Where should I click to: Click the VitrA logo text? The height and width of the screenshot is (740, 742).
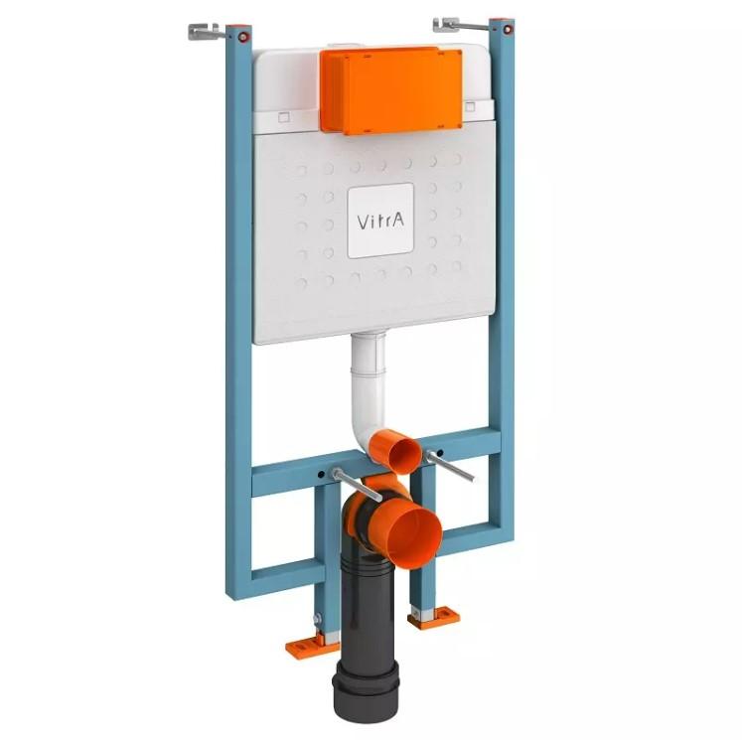coord(380,222)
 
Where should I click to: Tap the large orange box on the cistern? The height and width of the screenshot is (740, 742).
coord(391,90)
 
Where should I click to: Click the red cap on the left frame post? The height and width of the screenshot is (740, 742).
coord(243,37)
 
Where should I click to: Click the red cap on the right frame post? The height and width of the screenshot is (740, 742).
coord(508,30)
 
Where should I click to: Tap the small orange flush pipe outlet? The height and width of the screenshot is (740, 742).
coord(395,450)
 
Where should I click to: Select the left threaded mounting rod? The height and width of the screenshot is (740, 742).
coord(357,485)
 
